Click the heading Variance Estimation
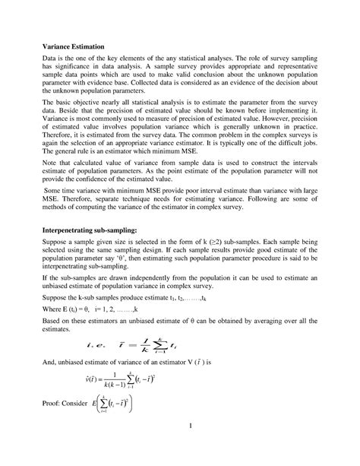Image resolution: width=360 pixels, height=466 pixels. pyautogui.click(x=75, y=47)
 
